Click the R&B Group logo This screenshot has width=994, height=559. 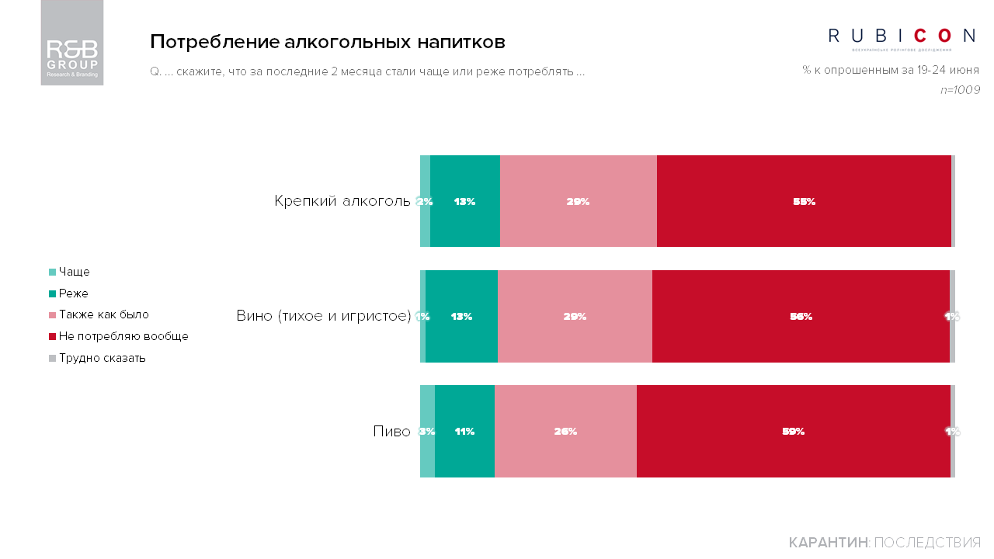(72, 43)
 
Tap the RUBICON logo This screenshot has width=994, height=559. (902, 36)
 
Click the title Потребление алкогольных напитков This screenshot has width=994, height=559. (328, 41)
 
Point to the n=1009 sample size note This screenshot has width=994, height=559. (959, 90)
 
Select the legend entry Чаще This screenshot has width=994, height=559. (74, 272)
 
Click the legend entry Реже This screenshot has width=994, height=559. (73, 293)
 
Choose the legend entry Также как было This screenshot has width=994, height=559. (103, 314)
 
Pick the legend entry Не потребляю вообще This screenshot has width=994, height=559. (123, 336)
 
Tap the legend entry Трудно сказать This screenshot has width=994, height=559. (102, 358)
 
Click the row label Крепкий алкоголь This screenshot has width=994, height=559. (342, 201)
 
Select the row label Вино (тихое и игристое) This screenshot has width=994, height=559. (323, 316)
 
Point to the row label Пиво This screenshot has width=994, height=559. (391, 431)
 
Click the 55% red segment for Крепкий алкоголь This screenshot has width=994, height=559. (804, 201)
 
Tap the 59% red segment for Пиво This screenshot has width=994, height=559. (793, 431)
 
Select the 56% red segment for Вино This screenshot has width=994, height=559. (801, 316)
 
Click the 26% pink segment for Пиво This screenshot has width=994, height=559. (565, 431)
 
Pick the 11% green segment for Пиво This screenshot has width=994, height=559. (464, 431)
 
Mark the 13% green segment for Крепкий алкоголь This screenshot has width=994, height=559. (464, 201)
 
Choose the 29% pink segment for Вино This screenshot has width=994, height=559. (575, 316)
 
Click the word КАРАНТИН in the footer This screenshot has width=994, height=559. (828, 542)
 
